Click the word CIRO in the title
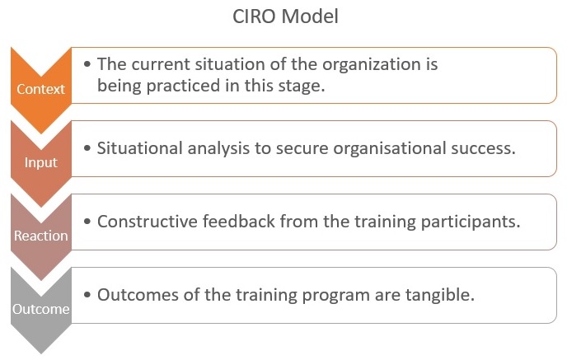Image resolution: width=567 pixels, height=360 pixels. click(255, 16)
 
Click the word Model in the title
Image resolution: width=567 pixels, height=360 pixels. click(310, 16)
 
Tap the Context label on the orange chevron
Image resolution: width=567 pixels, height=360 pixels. click(40, 89)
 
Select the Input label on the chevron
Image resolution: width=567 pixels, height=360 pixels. click(41, 162)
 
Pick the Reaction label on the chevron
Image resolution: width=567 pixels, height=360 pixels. click(41, 236)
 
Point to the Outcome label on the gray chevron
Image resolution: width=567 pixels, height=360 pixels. click(41, 309)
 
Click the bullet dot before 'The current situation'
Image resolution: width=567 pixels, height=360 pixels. click(87, 64)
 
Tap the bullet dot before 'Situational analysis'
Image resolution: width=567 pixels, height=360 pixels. click(87, 148)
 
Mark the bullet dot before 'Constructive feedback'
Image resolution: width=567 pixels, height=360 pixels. click(87, 222)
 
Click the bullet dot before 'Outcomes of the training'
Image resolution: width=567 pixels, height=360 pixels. click(87, 295)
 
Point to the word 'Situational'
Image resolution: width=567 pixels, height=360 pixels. click(139, 148)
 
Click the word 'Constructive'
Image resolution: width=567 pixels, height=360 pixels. click(148, 222)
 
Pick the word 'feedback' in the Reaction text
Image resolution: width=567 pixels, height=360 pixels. click(239, 222)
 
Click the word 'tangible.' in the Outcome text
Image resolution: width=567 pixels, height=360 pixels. click(440, 295)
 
